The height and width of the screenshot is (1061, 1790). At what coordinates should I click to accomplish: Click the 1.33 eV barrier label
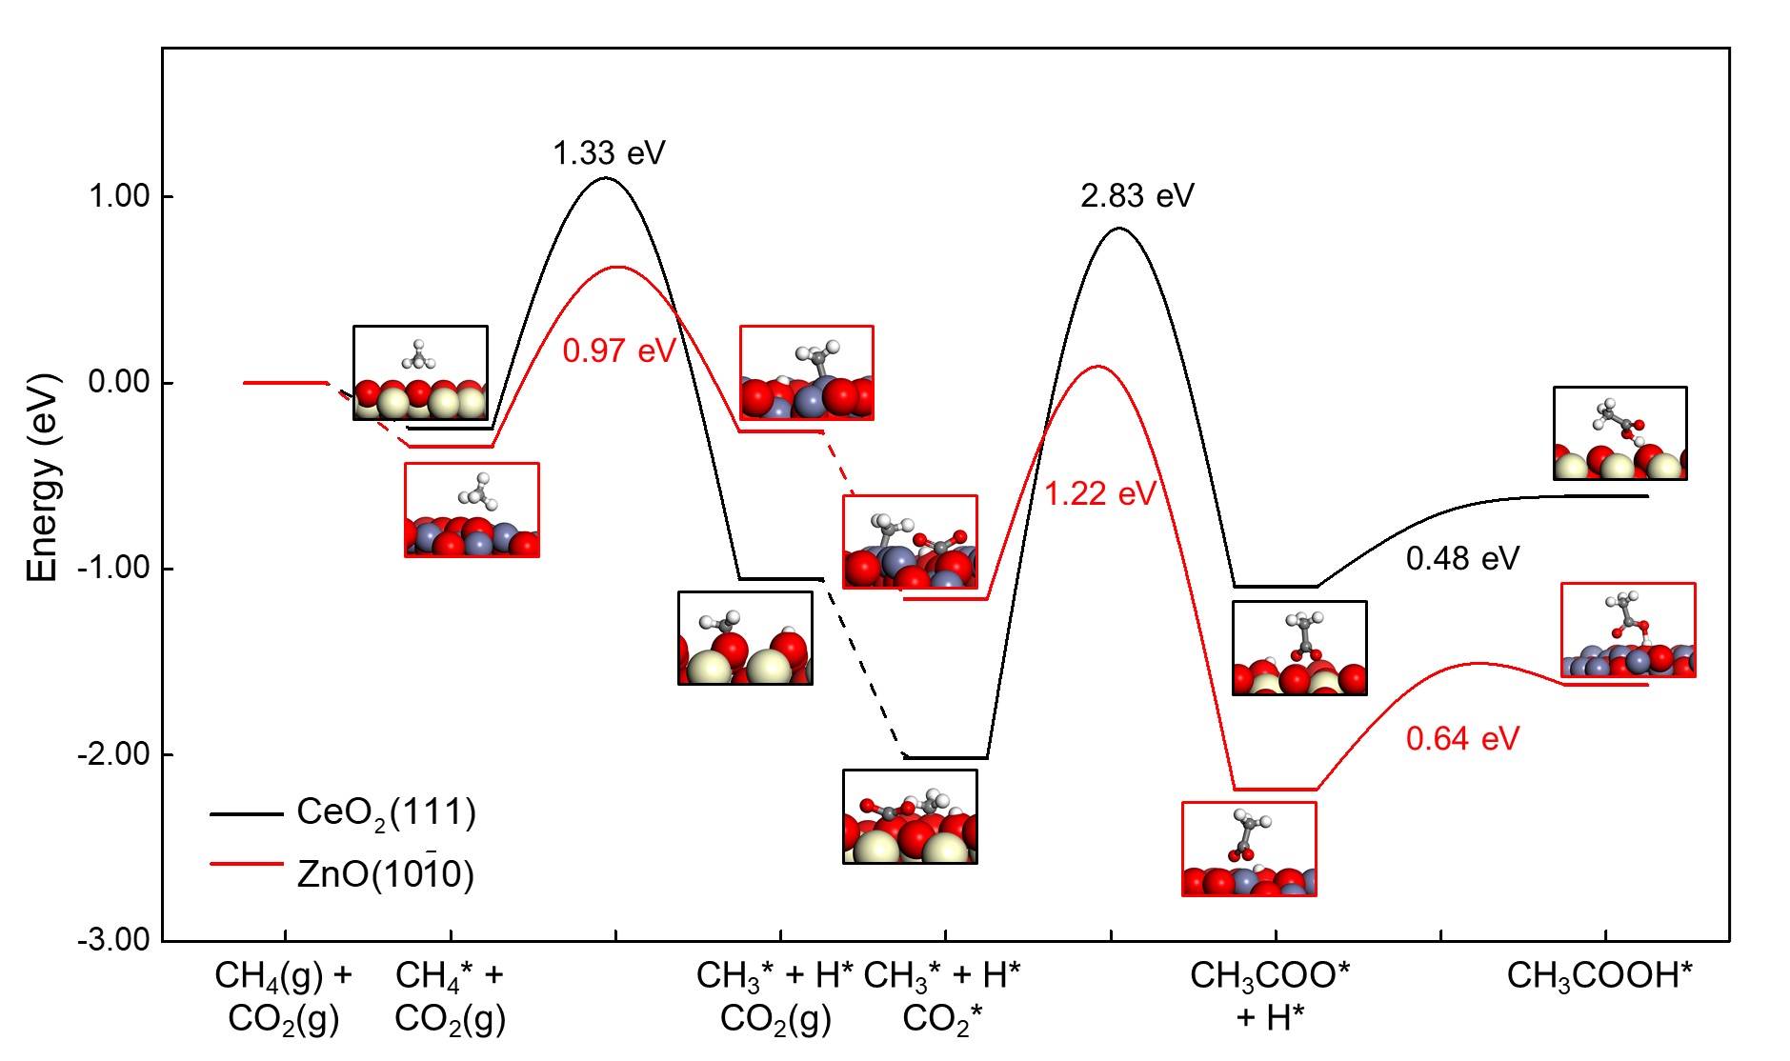(x=609, y=152)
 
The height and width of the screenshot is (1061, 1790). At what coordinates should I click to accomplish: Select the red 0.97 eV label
(x=618, y=350)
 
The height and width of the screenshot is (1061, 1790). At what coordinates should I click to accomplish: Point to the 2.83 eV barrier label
(x=1136, y=195)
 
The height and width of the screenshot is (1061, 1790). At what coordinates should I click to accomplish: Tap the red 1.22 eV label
(x=1100, y=493)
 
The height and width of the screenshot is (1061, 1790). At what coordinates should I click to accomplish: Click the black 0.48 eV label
(x=1462, y=558)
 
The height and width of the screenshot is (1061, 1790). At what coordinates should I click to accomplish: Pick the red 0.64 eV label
(x=1462, y=738)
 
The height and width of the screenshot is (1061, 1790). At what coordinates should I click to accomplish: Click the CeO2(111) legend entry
(x=386, y=812)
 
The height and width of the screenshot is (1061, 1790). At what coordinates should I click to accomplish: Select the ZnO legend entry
(x=385, y=872)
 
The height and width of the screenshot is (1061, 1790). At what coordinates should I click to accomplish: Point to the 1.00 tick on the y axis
(x=119, y=196)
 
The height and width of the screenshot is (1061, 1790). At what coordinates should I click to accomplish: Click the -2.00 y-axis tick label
(x=114, y=754)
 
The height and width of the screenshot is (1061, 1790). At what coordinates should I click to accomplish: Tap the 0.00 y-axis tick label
(x=119, y=382)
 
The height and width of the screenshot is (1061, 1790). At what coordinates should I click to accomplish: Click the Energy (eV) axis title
(x=43, y=477)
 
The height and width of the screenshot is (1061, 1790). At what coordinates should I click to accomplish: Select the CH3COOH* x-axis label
(x=1599, y=975)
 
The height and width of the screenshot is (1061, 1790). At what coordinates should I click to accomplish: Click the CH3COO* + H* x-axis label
(x=1270, y=995)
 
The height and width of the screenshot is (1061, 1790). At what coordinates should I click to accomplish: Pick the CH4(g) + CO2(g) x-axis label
(x=284, y=995)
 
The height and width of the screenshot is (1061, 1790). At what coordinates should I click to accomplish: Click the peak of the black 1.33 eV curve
(x=606, y=178)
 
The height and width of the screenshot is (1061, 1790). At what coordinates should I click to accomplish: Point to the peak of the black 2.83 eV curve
(x=1119, y=229)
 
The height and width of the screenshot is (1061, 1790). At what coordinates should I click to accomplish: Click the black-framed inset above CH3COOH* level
(x=1619, y=433)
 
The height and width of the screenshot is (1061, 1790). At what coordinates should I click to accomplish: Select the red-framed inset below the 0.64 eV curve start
(x=1249, y=849)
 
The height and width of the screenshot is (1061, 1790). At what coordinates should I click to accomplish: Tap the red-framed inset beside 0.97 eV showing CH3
(x=806, y=372)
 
